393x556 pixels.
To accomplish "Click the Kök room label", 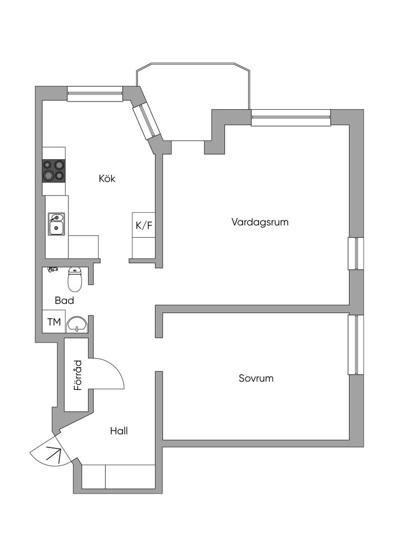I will coord(107,178).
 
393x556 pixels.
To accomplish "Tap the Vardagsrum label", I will coord(259,222).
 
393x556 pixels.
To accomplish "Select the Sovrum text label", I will coord(256,378).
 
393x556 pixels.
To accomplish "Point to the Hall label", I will coord(119,431).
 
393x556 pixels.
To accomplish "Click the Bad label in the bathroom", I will coord(64,300).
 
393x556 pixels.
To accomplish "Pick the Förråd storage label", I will coord(78,375).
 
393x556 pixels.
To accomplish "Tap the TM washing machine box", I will coord(54,322).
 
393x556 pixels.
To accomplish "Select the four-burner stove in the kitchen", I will coord(54,170).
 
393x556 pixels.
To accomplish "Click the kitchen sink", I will coord(56,224).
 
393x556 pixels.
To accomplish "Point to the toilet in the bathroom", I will coord(74,279).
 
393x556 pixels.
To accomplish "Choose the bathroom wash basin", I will coord(77,325).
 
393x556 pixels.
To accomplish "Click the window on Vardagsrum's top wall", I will coord(291,117).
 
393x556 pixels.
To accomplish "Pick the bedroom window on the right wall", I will coord(356,345).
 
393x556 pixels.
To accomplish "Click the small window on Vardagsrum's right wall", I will coord(356,253).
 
